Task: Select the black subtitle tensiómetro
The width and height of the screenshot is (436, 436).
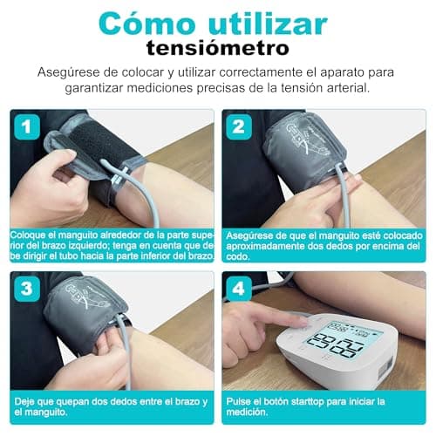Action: pyautogui.click(x=217, y=47)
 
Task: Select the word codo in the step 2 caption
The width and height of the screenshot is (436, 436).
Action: pyautogui.click(x=237, y=257)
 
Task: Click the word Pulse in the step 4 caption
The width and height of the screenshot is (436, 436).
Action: pyautogui.click(x=239, y=400)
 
